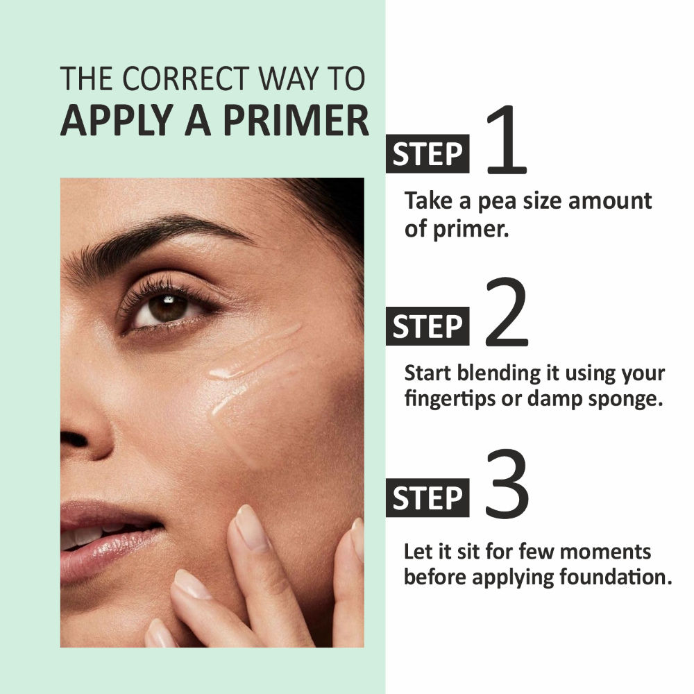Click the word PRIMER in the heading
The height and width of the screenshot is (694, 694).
click(296, 120)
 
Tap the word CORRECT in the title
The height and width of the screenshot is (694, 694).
click(186, 79)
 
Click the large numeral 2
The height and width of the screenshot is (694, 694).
click(507, 312)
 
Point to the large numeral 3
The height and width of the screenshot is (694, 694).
click(507, 484)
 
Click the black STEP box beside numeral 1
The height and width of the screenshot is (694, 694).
click(428, 153)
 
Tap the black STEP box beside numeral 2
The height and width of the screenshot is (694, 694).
click(428, 325)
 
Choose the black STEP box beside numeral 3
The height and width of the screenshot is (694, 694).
click(428, 498)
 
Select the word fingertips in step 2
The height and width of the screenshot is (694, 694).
click(450, 400)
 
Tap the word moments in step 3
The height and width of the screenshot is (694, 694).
click(605, 552)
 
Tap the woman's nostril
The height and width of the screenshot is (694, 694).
click(73, 439)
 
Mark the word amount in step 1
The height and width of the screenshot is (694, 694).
click(609, 201)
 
